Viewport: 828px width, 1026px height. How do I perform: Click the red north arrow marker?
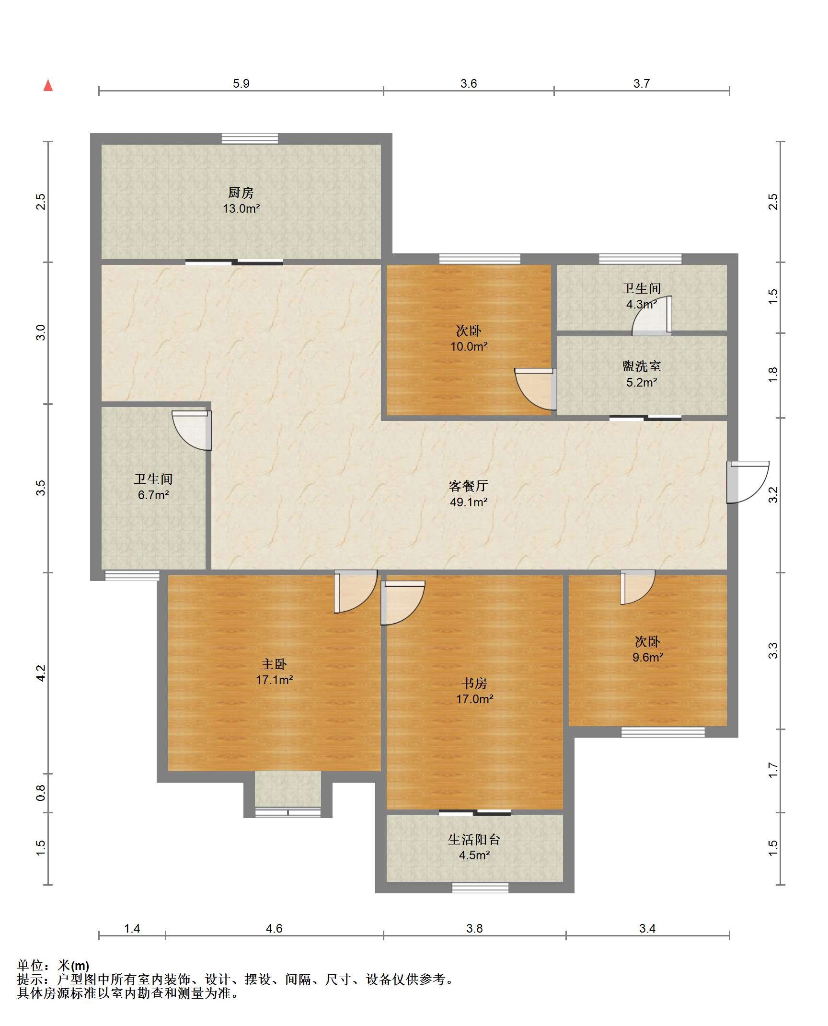(x=48, y=85)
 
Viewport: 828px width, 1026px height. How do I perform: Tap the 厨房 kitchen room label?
(x=241, y=193)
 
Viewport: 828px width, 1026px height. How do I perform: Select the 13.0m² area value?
(x=241, y=209)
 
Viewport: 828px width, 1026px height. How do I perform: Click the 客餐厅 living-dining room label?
(x=468, y=486)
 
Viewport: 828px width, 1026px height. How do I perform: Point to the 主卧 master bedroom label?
(x=274, y=664)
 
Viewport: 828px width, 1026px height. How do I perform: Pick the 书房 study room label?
(x=474, y=683)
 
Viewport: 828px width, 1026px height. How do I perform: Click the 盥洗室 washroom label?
(x=642, y=366)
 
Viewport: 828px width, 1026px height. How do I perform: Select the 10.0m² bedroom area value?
(x=469, y=346)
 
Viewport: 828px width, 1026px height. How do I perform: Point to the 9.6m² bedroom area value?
(x=648, y=657)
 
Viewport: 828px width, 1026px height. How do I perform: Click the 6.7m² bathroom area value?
(x=153, y=495)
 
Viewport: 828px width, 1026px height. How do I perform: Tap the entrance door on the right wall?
(x=747, y=482)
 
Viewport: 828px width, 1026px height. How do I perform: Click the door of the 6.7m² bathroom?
(x=192, y=430)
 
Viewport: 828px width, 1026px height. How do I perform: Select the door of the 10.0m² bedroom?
(x=536, y=389)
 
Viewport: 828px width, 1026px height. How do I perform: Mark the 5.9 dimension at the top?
(x=241, y=83)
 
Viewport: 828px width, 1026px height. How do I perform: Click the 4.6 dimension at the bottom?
(x=274, y=929)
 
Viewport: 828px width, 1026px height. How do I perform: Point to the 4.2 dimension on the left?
(x=41, y=673)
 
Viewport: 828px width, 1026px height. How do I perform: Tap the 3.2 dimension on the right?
(x=773, y=495)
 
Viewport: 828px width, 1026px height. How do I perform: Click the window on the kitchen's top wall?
(x=250, y=139)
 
